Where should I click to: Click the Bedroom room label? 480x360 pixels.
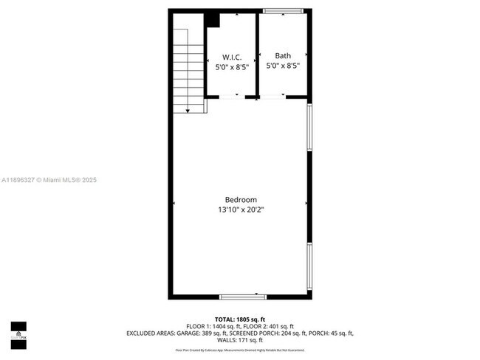[241, 200]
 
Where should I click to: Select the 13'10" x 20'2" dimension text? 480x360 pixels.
[241, 210]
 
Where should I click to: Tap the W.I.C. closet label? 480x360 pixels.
[232, 57]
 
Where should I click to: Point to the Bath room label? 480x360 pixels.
[283, 55]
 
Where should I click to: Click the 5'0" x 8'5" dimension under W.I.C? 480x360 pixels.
[232, 66]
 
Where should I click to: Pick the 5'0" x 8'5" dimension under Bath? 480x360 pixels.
[283, 65]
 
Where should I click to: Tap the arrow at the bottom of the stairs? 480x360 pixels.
[189, 110]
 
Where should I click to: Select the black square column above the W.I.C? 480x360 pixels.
[213, 20]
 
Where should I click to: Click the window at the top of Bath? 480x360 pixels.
[283, 11]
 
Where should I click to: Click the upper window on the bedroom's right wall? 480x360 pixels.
[310, 127]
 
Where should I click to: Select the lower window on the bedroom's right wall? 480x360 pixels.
[310, 266]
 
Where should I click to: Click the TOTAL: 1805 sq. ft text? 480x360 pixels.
[240, 319]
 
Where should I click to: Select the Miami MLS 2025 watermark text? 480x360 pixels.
[49, 180]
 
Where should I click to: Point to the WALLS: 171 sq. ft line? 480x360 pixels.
[240, 340]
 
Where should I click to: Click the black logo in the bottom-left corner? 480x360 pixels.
[18, 333]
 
